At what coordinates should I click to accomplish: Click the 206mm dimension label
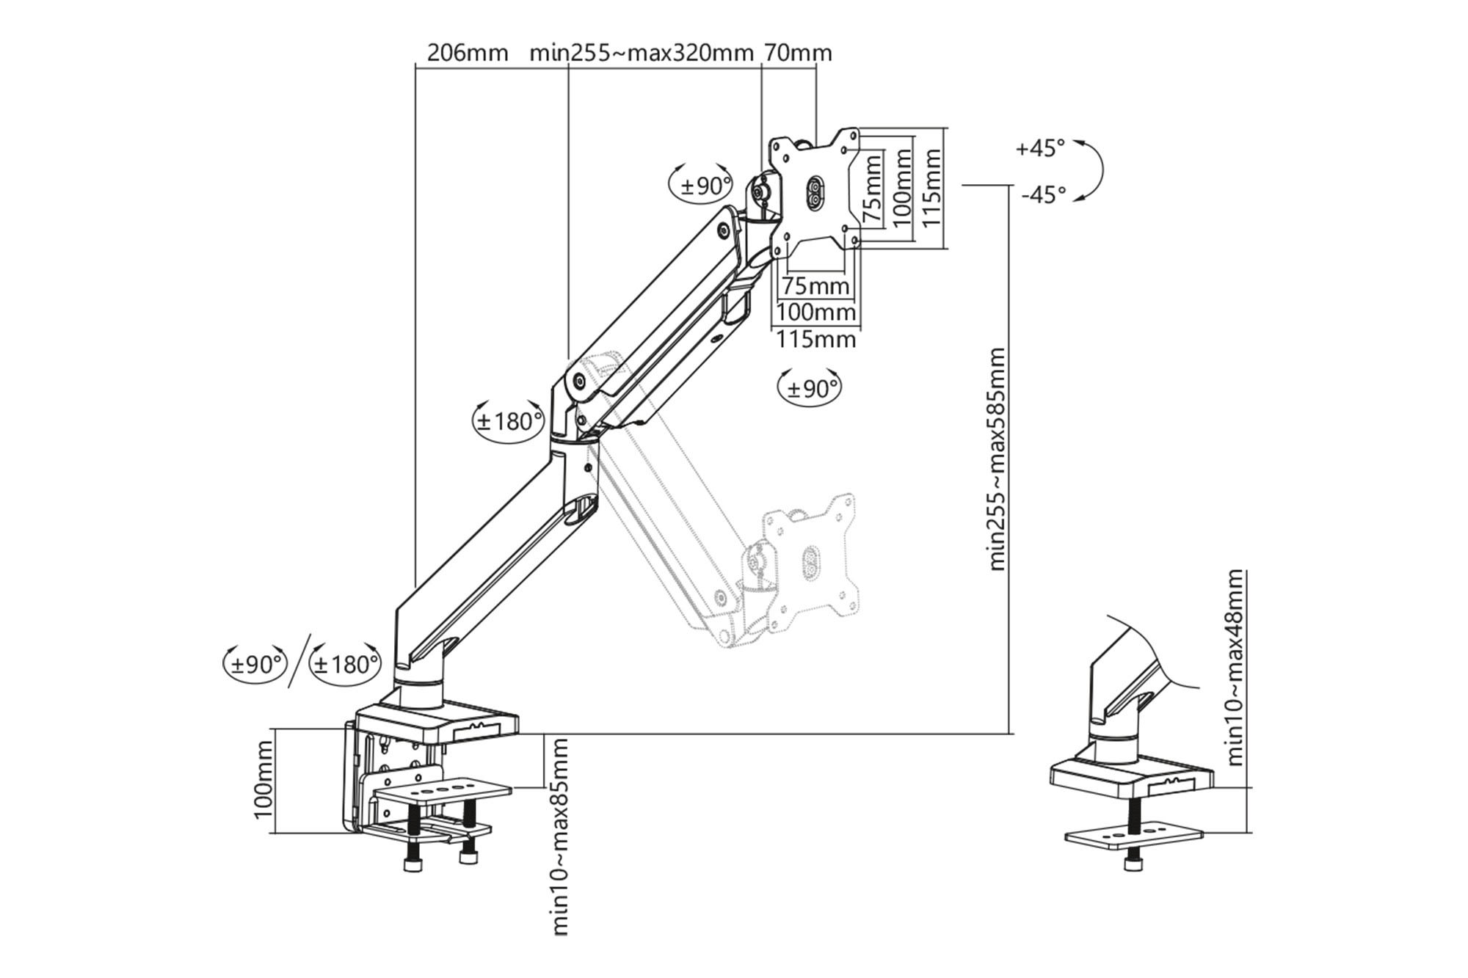coord(467,53)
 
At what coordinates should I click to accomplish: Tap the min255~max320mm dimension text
coord(642,53)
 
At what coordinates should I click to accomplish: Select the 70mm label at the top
coord(798,53)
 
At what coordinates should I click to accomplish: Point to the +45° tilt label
coord(1040,148)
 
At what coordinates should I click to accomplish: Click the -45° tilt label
coord(1043,195)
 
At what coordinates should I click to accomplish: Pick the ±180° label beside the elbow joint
coord(509,421)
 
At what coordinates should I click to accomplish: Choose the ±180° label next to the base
coord(345,665)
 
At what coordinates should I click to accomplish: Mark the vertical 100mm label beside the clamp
coord(263,780)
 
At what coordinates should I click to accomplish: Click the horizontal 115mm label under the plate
coord(816,340)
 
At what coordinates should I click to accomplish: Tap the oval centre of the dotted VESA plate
coord(811,561)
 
